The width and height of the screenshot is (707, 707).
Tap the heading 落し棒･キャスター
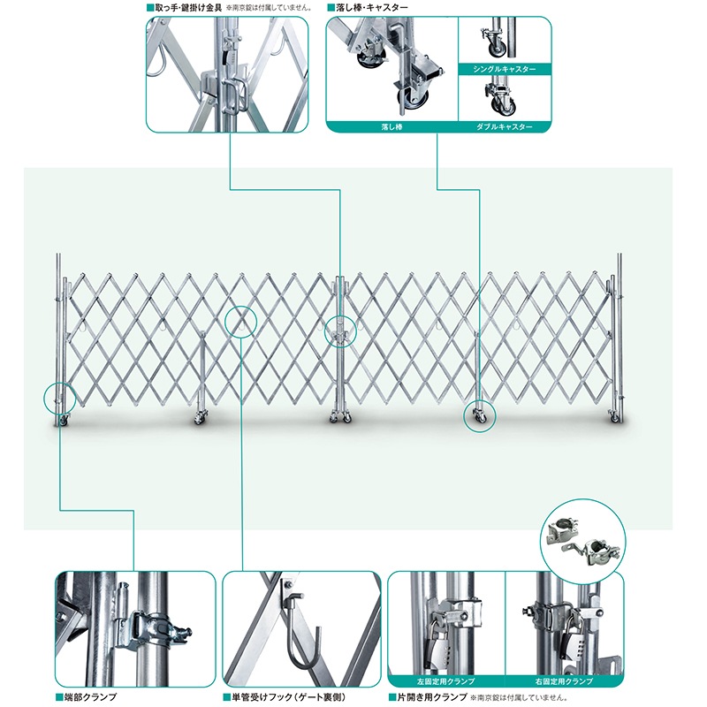[x=371, y=8]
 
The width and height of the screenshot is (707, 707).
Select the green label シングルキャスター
[x=504, y=69]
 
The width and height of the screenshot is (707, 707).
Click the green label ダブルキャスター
[x=504, y=126]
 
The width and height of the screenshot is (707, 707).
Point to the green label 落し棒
[x=392, y=126]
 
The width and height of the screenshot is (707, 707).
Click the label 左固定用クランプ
[x=446, y=680]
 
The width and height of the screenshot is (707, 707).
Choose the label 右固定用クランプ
[x=564, y=680]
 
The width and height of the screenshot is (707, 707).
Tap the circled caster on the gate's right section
[x=480, y=415]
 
